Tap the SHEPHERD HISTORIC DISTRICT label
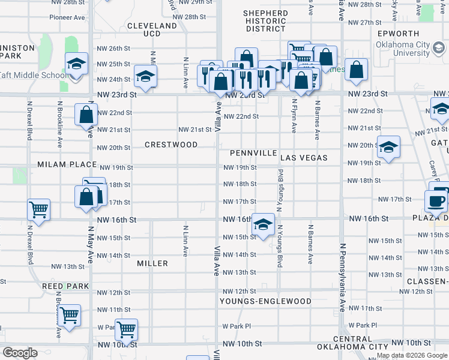point(265,20)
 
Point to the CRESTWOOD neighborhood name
point(171,145)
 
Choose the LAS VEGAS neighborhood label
point(304,158)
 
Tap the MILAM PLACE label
point(67,164)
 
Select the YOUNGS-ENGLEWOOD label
point(265,301)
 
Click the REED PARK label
point(65,287)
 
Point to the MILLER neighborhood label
point(152,263)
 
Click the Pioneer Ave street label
point(67,17)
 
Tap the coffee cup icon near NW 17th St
point(436,200)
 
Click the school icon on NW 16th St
point(263,224)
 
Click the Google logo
point(20,353)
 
